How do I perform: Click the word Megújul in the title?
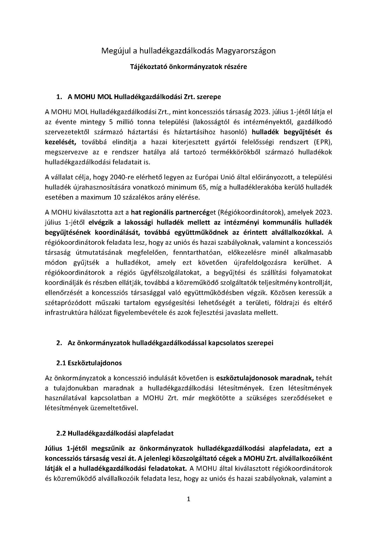(x=113, y=51)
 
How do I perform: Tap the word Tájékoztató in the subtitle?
(x=147, y=67)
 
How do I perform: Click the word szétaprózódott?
(x=64, y=303)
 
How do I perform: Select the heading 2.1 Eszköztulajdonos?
(x=89, y=363)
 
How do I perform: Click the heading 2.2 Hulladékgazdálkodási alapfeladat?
(x=115, y=433)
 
